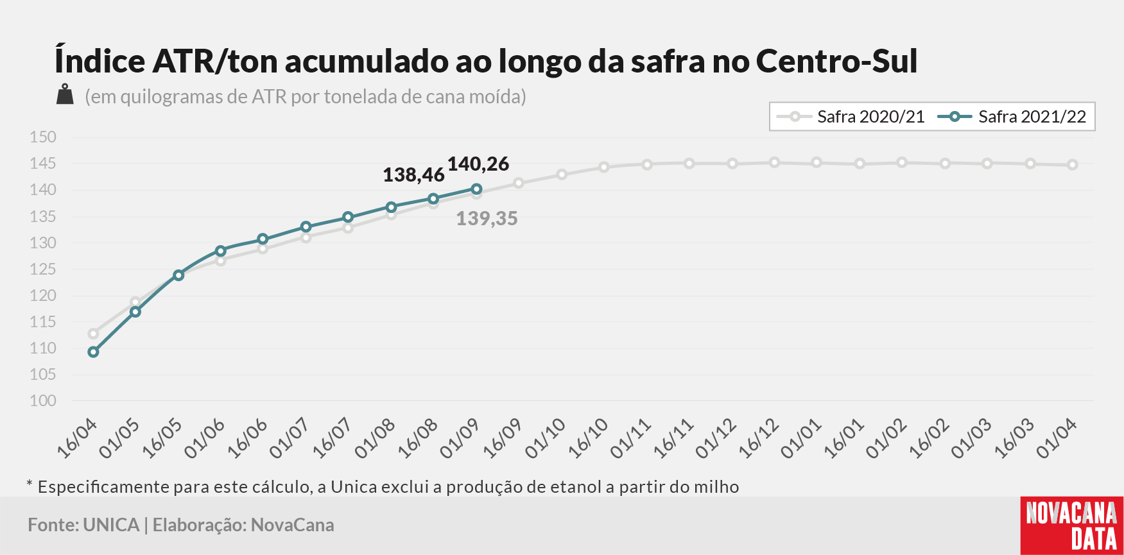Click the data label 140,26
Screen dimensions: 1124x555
coord(478,164)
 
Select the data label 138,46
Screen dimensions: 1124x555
coord(413,175)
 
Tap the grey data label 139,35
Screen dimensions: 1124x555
coord(487,219)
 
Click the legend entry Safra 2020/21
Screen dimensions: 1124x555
coord(851,117)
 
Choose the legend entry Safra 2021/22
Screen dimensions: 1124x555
coord(1012,117)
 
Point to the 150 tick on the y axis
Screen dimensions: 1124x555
coord(43,137)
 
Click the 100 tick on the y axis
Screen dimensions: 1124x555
coord(43,401)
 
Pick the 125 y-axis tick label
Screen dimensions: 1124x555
coord(43,269)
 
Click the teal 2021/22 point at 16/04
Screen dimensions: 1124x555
coord(93,352)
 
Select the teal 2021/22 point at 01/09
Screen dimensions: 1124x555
coord(476,189)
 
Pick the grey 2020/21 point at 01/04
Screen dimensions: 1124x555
coord(1073,165)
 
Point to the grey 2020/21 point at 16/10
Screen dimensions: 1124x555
coord(604,167)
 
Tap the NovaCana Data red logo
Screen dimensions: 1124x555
coord(1072,525)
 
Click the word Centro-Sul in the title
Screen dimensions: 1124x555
coord(836,61)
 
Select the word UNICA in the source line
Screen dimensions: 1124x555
coord(111,525)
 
